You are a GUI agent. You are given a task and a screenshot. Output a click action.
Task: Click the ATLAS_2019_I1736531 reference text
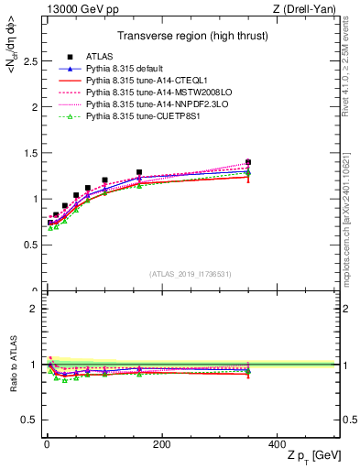pos(190,273)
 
